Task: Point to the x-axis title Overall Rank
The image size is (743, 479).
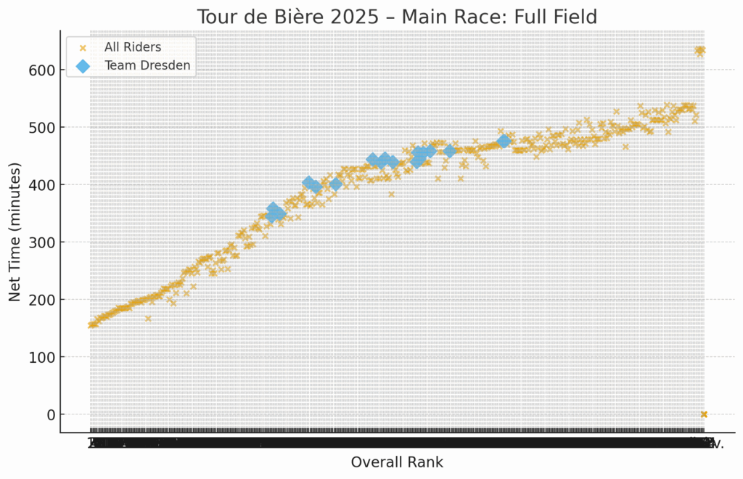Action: tap(397, 462)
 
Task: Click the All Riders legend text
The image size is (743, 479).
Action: tap(133, 48)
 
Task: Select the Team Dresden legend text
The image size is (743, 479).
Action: tap(148, 65)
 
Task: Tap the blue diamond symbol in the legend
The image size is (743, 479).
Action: tap(83, 66)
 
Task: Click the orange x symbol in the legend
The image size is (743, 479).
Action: tap(83, 48)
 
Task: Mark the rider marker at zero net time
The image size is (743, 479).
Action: tap(703, 414)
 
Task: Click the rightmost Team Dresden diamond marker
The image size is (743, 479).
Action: tap(504, 141)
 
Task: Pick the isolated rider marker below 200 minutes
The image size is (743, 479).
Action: tap(148, 318)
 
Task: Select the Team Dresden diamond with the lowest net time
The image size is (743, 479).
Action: tap(272, 216)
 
